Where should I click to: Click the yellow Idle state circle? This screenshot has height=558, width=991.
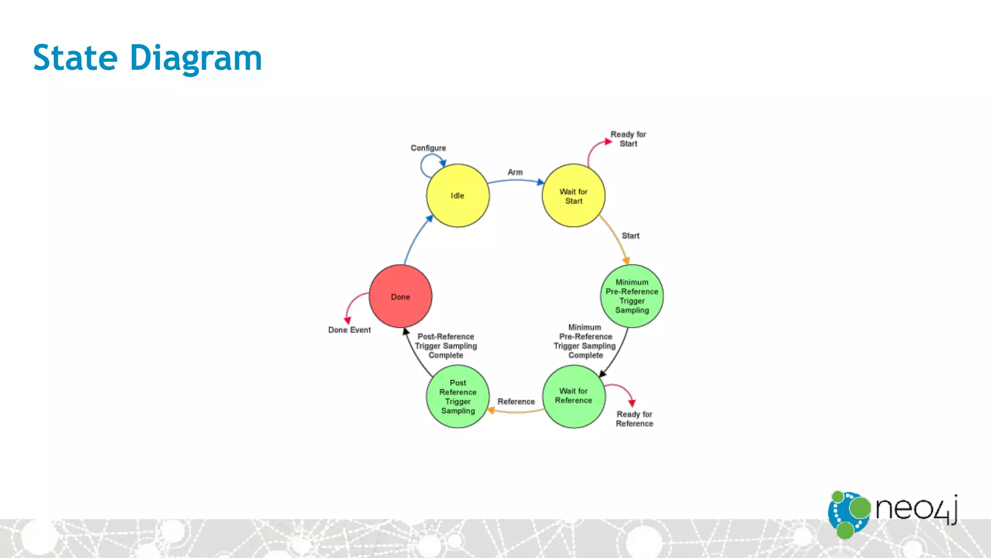point(457,196)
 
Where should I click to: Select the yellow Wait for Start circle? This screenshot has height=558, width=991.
point(573,196)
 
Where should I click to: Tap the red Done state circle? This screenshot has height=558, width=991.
point(400,296)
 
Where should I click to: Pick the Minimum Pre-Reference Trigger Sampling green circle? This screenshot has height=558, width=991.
point(631,296)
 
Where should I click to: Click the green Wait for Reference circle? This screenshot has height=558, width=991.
point(573,396)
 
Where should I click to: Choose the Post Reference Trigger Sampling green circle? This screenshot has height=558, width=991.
point(458,397)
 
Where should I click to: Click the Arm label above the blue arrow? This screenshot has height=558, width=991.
point(515,172)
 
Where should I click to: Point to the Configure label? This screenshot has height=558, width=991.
point(428,148)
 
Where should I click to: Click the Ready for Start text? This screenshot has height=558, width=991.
point(628,139)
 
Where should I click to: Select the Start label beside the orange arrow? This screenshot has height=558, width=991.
point(631,236)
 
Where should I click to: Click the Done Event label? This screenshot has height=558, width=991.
point(349,330)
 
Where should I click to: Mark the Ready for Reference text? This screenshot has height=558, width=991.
point(634,419)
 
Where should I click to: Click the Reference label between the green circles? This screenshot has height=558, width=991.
point(516,402)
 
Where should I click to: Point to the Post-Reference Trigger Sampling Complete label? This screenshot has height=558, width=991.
point(446,346)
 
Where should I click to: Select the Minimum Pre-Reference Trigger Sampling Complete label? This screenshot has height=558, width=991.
point(585,341)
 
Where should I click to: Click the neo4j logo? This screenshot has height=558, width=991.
point(893,513)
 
